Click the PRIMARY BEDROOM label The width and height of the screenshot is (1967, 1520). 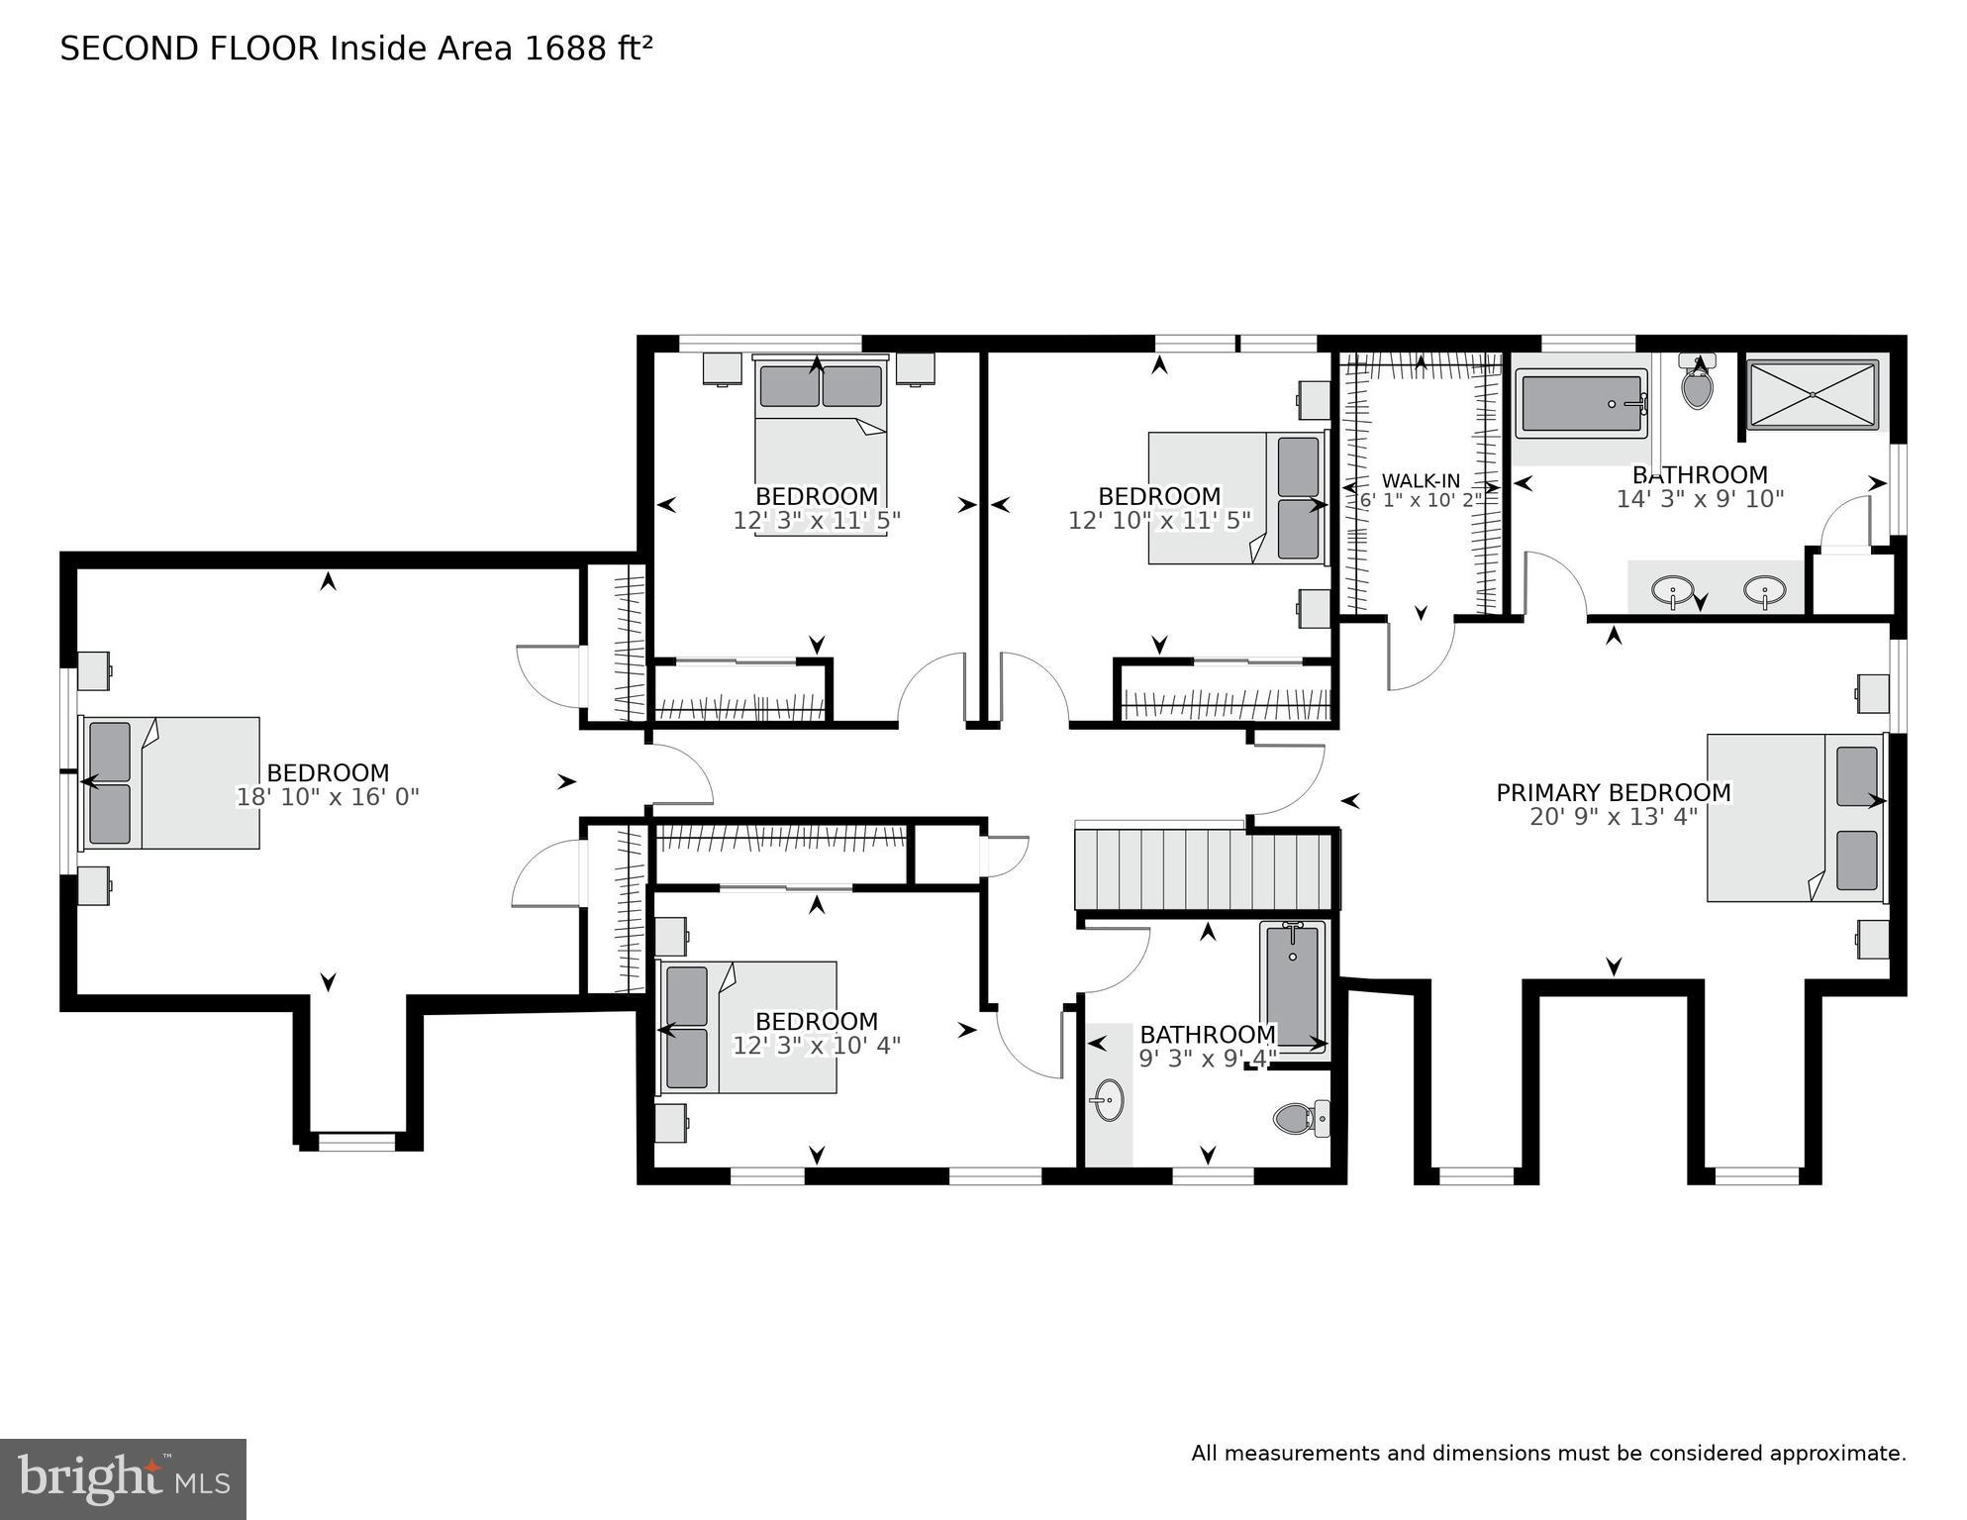1613,792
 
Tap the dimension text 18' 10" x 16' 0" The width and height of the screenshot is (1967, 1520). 328,797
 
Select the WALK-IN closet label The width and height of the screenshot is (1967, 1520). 1421,480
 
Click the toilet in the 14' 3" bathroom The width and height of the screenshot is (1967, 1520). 1697,386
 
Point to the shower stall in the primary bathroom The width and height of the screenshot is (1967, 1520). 1812,394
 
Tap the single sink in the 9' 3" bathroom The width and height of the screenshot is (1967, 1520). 1108,1101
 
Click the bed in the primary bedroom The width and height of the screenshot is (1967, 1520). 1794,817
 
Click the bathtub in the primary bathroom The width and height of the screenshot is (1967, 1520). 1581,403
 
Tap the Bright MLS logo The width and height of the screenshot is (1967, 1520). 123,1479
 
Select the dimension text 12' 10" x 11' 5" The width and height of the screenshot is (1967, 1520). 1159,520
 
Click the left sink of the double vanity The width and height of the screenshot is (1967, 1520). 1672,592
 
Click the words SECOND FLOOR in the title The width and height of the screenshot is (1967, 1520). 190,48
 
